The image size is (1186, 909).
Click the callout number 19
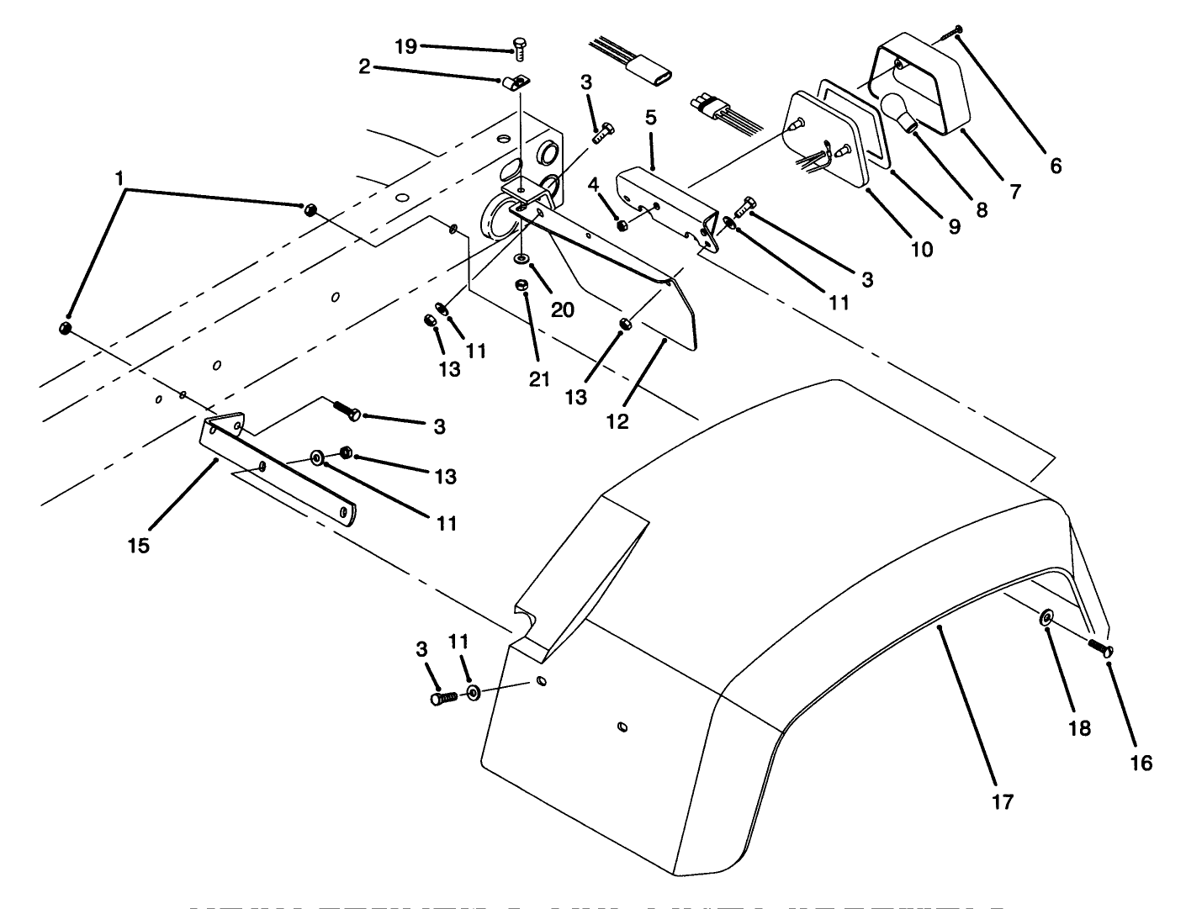pos(405,46)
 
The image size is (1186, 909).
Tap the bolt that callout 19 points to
pos(519,49)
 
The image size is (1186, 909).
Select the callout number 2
pos(364,67)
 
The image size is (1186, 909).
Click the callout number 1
pos(120,178)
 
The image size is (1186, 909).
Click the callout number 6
pos(1056,166)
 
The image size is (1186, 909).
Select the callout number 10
pos(922,249)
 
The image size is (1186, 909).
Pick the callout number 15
pos(139,546)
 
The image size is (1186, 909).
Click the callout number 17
pos(1003,801)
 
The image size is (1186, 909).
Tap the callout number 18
pos(1079,728)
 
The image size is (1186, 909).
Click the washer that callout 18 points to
pos(1046,618)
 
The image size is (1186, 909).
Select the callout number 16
pos(1141,762)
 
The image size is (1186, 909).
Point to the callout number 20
pos(563,309)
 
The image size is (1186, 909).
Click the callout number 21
pos(539,378)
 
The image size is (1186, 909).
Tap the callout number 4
pos(594,182)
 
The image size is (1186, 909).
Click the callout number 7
pos(1015,192)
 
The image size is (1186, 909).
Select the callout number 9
pos(954,225)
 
